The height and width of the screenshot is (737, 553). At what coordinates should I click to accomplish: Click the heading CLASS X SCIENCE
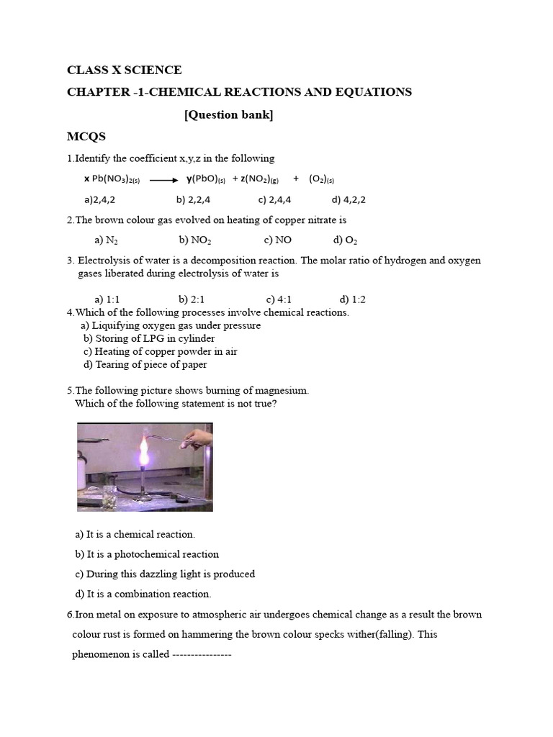[x=124, y=70]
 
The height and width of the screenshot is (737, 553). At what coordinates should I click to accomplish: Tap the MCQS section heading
[x=86, y=136]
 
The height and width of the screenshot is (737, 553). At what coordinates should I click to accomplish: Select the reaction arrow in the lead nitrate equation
[x=163, y=180]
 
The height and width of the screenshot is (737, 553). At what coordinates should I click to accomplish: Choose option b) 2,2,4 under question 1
[x=193, y=200]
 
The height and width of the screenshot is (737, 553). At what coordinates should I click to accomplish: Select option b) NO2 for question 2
[x=194, y=240]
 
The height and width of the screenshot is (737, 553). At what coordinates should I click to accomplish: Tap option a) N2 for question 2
[x=106, y=240]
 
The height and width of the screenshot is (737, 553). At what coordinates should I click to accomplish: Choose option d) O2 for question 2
[x=345, y=240]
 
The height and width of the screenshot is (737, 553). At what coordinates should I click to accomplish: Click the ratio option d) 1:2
[x=352, y=299]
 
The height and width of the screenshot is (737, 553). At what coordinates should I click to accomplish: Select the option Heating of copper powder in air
[x=160, y=351]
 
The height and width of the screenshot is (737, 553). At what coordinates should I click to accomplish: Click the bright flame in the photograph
[x=143, y=453]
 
